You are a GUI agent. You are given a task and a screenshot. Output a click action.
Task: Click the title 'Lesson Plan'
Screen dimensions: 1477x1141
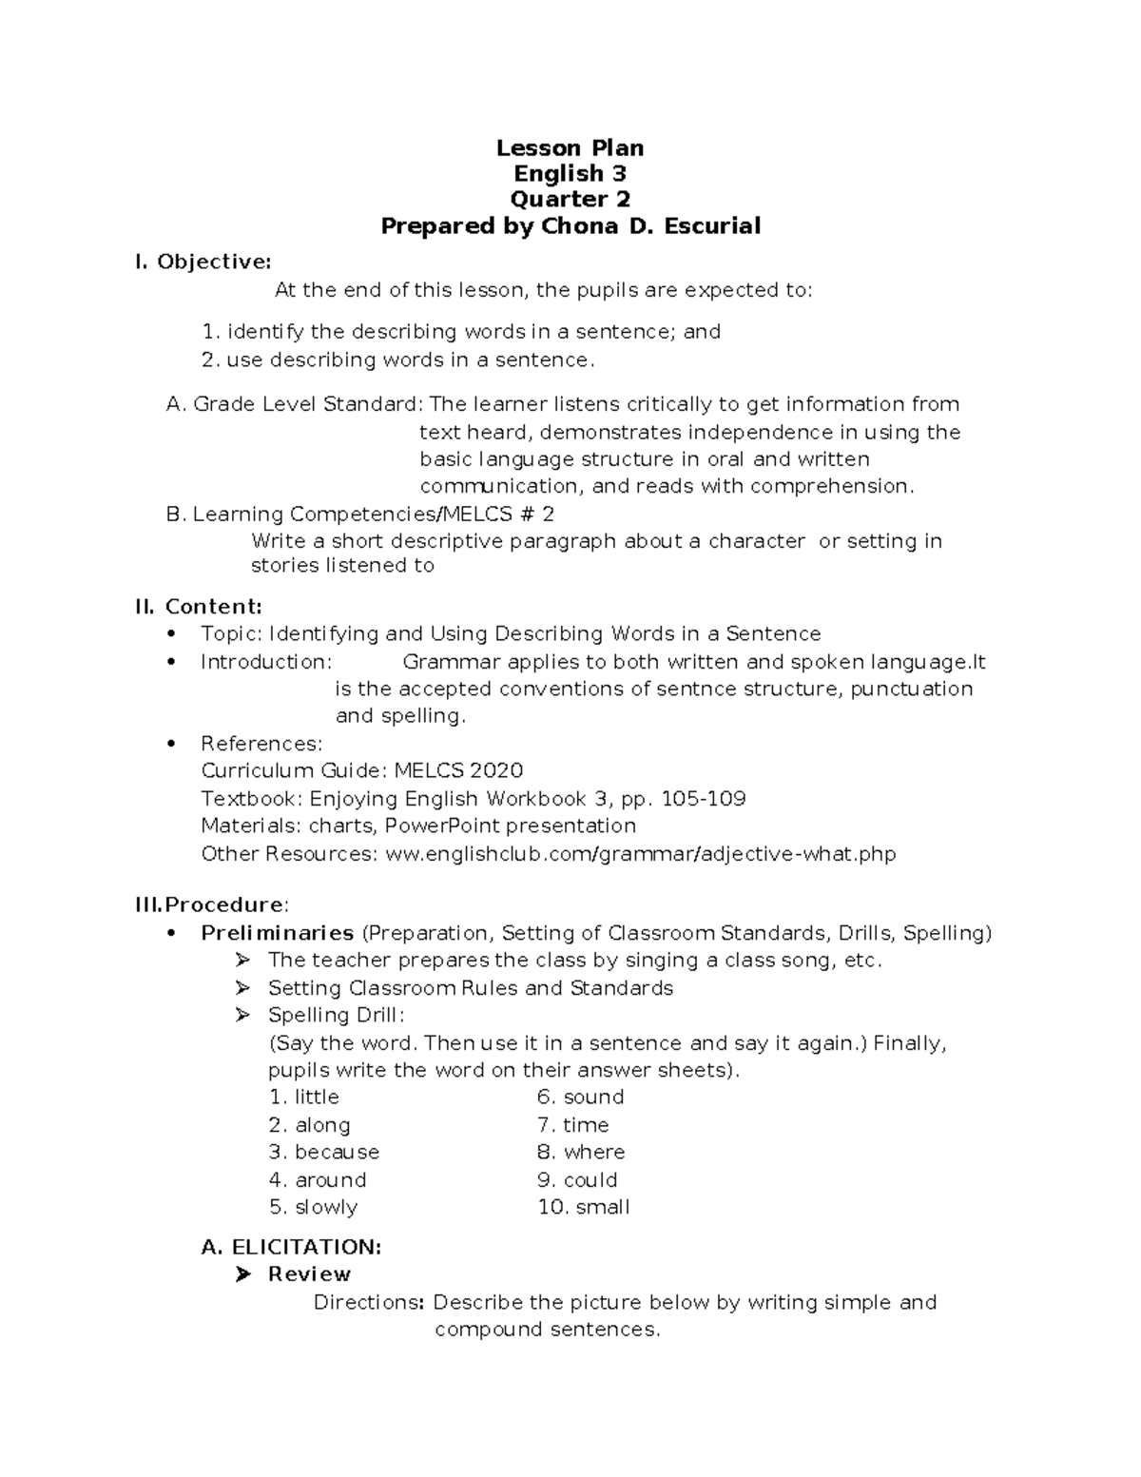[x=570, y=147]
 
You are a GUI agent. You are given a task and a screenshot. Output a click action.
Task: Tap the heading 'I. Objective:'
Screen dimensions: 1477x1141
[x=203, y=262]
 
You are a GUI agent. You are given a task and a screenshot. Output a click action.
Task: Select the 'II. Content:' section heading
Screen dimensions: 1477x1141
[x=199, y=607]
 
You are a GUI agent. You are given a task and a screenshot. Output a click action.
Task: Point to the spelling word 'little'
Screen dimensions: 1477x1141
[x=317, y=1097]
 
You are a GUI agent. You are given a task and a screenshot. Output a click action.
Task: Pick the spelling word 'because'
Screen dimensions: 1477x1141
[x=337, y=1152]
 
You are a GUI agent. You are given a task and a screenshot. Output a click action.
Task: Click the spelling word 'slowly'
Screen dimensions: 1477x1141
[x=326, y=1207]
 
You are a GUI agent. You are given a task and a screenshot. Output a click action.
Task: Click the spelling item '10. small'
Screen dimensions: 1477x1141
[x=584, y=1207]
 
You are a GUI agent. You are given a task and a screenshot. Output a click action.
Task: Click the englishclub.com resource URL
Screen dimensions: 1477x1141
[x=640, y=854]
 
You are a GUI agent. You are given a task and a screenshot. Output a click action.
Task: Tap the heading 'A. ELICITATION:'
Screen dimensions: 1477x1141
[x=292, y=1247]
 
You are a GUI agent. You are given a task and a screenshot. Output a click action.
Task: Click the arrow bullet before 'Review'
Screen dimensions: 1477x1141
[x=242, y=1274]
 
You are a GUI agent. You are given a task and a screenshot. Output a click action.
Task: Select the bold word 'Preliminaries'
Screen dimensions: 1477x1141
[x=277, y=933]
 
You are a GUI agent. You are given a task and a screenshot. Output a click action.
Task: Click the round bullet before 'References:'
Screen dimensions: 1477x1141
[x=171, y=744]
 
